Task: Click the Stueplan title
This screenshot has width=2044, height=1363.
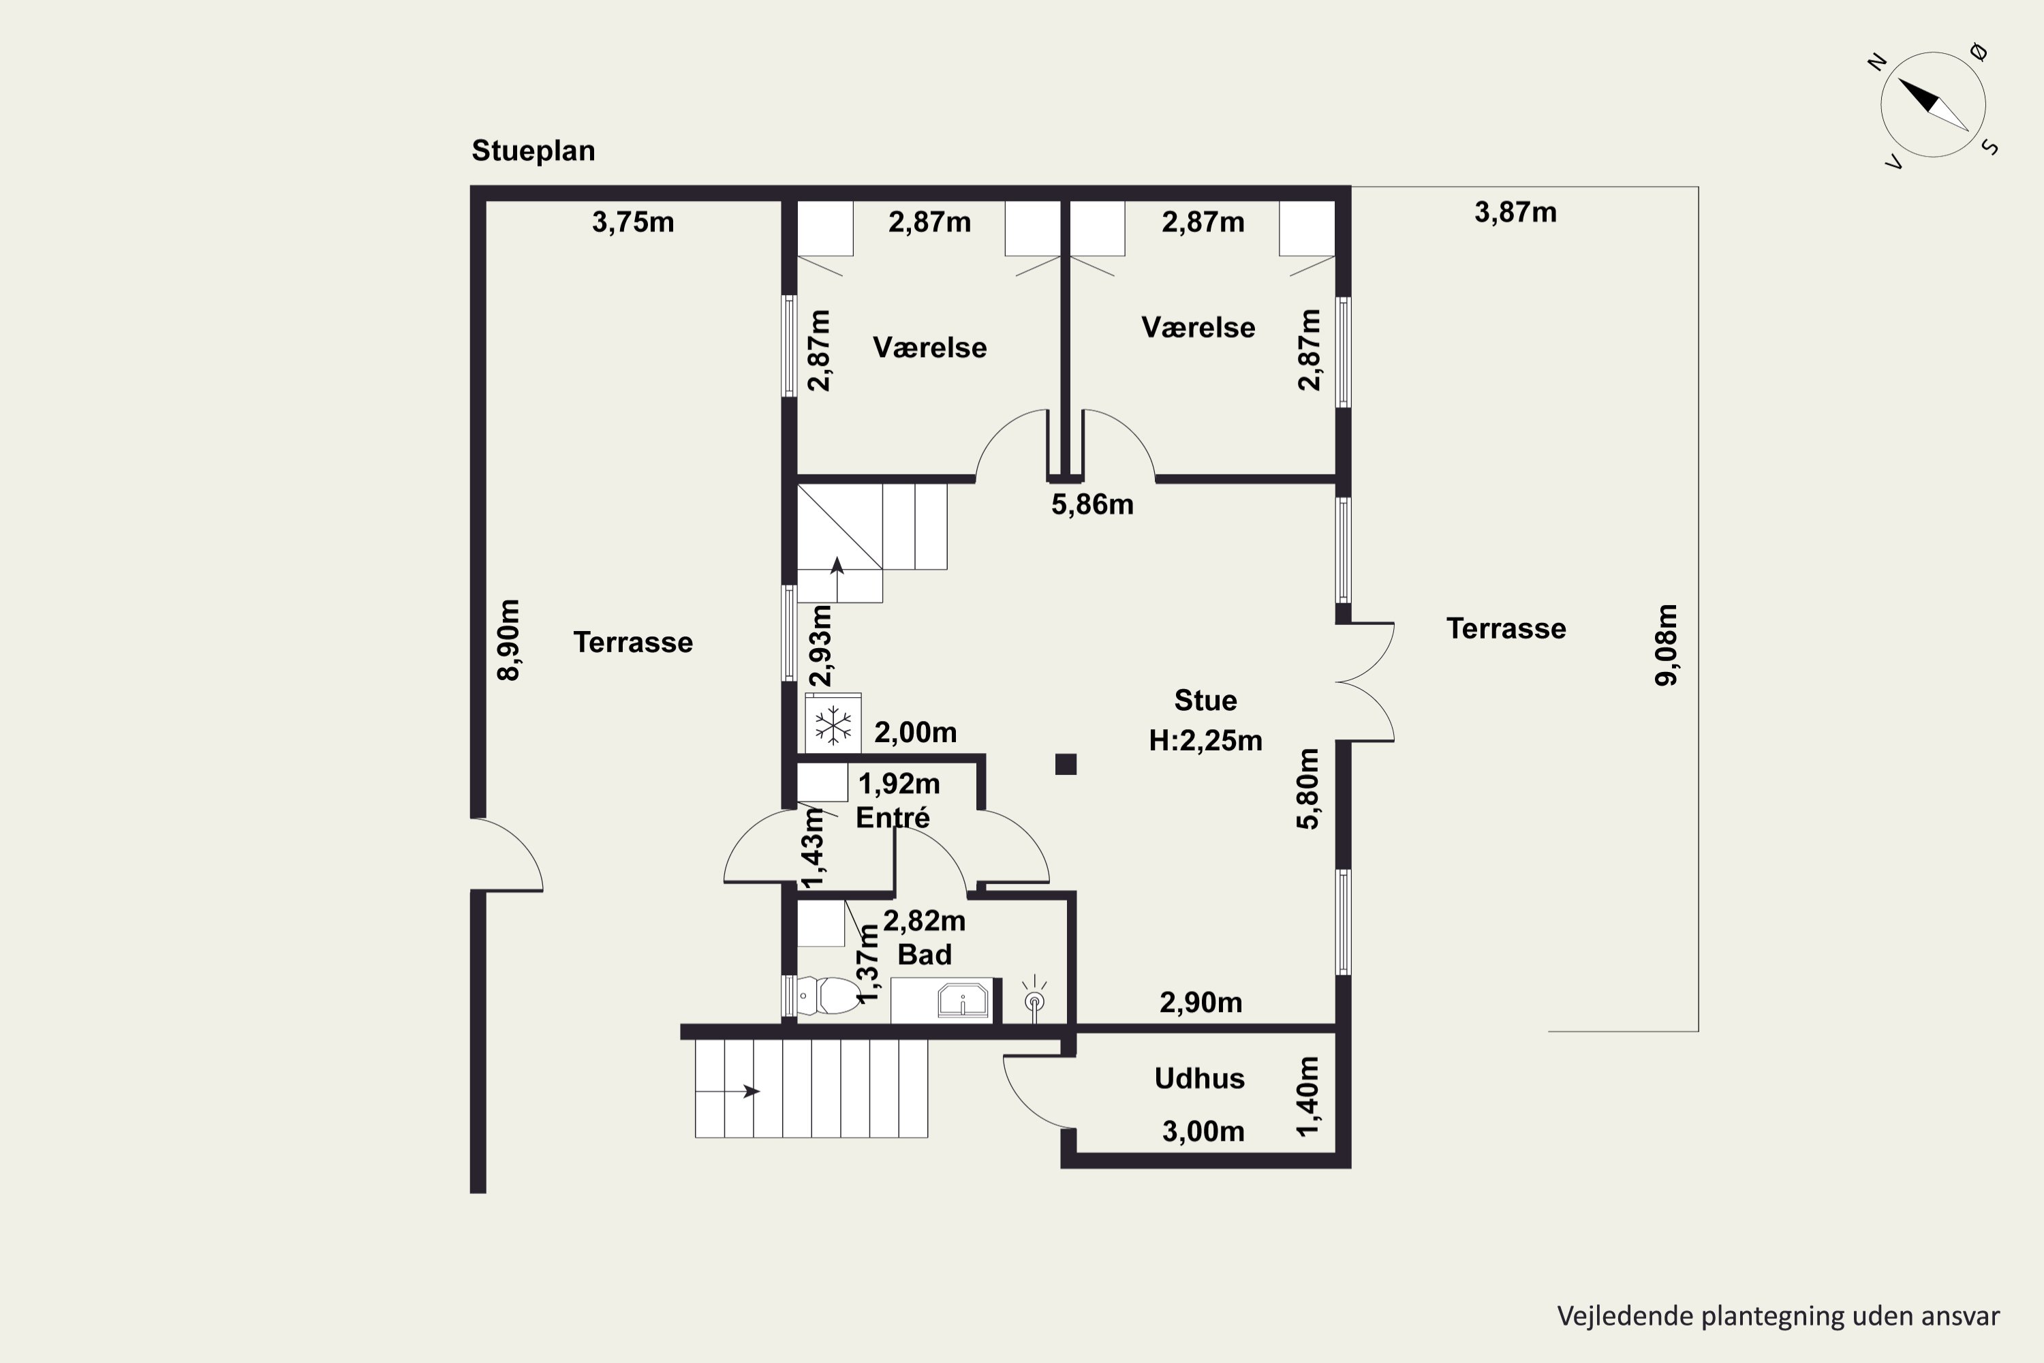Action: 533,151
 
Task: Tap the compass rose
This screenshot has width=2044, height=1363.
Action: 1933,105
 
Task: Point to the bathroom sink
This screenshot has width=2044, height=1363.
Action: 963,1000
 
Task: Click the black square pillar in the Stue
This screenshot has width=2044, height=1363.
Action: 1066,764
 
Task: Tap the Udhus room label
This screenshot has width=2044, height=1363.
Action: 1199,1079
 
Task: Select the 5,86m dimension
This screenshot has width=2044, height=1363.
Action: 1092,505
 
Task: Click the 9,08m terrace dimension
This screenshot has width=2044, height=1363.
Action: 1667,645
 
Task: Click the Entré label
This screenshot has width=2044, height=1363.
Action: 893,817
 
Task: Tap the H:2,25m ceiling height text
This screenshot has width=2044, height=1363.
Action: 1205,741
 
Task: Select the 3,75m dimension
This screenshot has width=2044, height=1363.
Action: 633,223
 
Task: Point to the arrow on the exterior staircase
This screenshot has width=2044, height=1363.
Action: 728,1091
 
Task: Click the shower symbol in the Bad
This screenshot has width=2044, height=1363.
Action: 1034,999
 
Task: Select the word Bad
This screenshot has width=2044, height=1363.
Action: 925,955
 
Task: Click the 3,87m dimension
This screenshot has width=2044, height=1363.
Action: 1515,212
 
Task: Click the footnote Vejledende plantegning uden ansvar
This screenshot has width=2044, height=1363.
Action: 1778,1316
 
